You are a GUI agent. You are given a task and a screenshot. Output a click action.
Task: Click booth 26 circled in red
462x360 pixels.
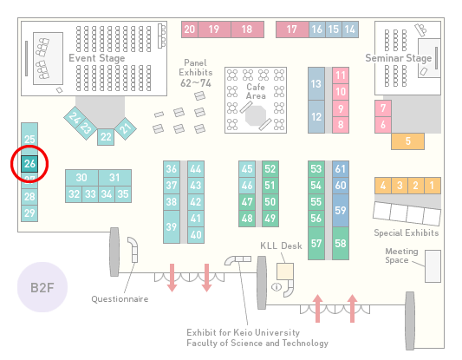tap(29, 164)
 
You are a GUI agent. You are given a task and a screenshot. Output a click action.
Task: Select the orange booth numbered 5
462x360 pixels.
tap(407, 141)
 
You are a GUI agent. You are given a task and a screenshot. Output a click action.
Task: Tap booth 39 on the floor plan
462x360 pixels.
tap(172, 226)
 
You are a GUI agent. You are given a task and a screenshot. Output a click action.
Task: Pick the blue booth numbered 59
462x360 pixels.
tap(341, 210)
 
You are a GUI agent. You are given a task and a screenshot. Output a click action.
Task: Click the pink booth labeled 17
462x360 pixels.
tap(292, 29)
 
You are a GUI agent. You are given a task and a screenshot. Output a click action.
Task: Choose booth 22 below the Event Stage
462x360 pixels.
tap(106, 137)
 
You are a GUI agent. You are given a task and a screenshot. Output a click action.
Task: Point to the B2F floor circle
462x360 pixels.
tap(42, 287)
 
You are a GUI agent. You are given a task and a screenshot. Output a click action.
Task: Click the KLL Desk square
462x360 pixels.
tap(285, 272)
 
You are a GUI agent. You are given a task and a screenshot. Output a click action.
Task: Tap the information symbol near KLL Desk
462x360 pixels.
tap(277, 286)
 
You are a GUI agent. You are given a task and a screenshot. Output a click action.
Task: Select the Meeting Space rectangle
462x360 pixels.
tap(433, 266)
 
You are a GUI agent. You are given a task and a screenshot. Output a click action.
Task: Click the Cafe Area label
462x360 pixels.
tap(256, 91)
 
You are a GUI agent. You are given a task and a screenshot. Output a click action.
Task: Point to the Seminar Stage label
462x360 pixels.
tap(399, 58)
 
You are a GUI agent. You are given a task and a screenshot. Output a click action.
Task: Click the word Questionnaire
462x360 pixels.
tap(120, 299)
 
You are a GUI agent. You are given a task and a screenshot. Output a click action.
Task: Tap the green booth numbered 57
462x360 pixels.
tap(316, 243)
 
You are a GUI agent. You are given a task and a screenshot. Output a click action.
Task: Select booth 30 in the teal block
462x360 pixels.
tap(81, 178)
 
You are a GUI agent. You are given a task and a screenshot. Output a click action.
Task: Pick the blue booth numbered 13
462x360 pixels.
tap(316, 84)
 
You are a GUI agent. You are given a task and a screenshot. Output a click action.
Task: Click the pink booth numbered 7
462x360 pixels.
tap(383, 108)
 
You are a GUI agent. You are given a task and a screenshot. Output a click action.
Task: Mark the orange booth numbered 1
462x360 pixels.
tap(433, 186)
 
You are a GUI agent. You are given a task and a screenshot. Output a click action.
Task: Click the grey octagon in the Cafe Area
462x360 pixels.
tap(256, 116)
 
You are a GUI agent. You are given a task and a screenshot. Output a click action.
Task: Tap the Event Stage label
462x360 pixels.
tap(96, 58)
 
